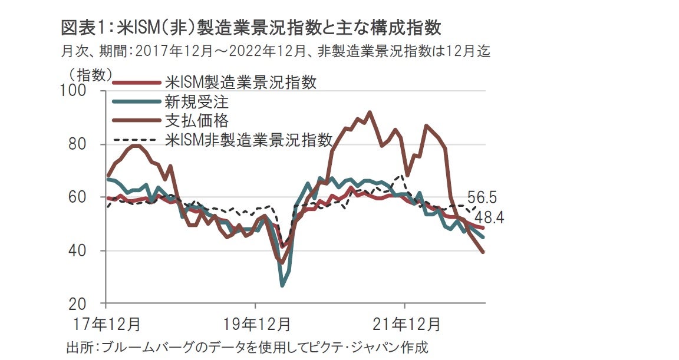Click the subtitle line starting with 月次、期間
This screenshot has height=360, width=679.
click(275, 52)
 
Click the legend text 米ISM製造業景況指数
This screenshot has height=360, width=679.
click(240, 82)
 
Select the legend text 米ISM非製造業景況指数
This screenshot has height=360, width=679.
click(249, 140)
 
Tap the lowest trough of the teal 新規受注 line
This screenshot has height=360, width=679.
click(283, 286)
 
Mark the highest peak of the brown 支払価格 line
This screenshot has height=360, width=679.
click(370, 112)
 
